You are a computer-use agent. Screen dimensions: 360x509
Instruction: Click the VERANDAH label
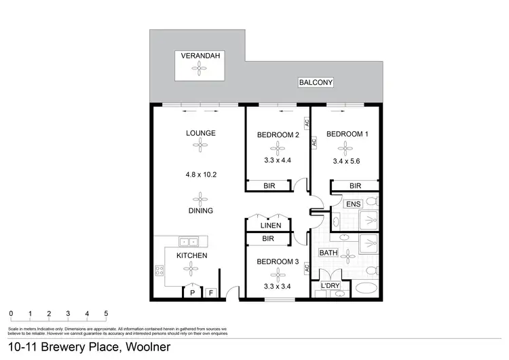199,56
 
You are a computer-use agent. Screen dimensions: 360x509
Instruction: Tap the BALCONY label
315,83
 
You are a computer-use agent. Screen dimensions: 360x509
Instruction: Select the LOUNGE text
200,133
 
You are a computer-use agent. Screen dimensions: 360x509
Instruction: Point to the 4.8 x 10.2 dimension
200,174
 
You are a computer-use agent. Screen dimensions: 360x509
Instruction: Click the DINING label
200,211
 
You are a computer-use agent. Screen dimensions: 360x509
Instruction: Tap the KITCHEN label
191,255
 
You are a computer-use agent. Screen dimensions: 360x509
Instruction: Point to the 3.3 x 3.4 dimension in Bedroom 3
278,285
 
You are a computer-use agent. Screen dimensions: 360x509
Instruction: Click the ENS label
353,203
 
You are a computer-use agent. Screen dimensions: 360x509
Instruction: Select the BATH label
328,253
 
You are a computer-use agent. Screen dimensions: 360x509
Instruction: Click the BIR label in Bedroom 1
354,185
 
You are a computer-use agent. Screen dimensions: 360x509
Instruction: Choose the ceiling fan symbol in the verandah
199,67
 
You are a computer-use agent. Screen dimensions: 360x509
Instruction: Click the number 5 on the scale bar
106,314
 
